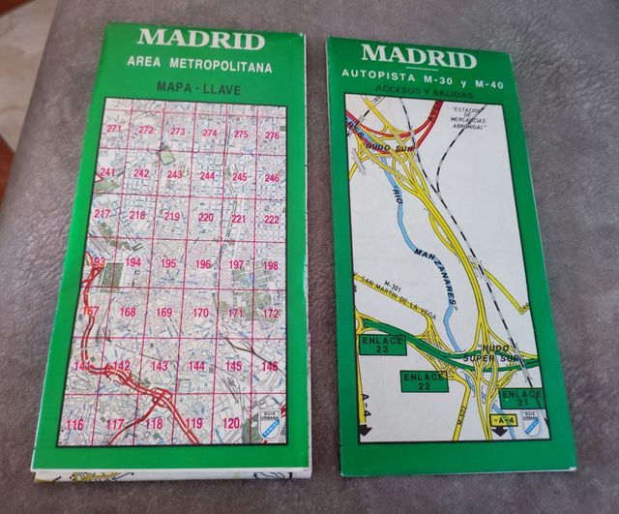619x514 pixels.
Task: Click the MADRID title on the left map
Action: (x=199, y=40)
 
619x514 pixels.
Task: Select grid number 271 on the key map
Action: (x=115, y=130)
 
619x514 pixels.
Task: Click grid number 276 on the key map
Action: (x=271, y=136)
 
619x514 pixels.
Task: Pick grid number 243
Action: (x=175, y=175)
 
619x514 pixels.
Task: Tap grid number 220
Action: (x=206, y=218)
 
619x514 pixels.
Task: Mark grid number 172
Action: (x=271, y=314)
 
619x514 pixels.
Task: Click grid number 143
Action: (x=159, y=366)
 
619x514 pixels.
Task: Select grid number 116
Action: (x=74, y=426)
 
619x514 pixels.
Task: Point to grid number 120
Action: (x=230, y=424)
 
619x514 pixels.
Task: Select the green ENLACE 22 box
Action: (x=424, y=379)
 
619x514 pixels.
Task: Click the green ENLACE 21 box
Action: (x=522, y=398)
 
